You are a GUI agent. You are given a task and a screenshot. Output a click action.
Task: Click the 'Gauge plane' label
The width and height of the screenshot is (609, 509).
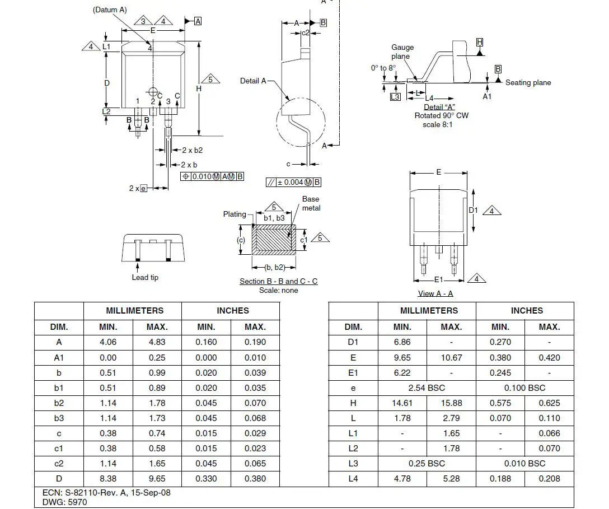tap(402, 52)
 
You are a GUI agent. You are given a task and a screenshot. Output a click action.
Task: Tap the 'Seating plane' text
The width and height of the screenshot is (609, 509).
tap(528, 82)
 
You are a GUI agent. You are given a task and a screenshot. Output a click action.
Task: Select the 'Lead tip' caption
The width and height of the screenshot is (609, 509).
tap(145, 277)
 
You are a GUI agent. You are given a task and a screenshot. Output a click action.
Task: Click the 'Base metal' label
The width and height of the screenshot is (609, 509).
tap(311, 203)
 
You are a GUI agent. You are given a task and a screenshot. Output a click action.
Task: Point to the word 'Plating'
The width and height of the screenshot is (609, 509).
tap(235, 214)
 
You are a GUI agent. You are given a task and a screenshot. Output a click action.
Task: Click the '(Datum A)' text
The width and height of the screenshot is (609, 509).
tap(110, 10)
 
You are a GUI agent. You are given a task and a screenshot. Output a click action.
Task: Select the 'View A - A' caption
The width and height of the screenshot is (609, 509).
tap(435, 293)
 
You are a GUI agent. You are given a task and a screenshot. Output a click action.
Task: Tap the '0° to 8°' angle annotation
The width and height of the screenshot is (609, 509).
tap(383, 68)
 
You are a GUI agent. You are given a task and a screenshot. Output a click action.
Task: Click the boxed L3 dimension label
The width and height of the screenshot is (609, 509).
tap(395, 96)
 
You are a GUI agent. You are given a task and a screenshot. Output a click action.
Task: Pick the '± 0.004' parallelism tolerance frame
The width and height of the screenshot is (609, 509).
tap(294, 182)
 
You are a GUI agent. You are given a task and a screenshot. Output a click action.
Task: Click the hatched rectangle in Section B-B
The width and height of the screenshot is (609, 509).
tap(273, 240)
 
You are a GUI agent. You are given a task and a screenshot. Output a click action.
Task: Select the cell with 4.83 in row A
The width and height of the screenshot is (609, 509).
tap(157, 342)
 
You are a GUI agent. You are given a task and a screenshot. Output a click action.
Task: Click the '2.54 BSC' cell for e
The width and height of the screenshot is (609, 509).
tap(427, 387)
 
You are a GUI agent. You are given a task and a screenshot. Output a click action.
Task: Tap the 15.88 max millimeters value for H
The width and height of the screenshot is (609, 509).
tap(451, 403)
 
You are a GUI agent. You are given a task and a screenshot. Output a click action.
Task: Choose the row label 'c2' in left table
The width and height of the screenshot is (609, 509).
tap(59, 463)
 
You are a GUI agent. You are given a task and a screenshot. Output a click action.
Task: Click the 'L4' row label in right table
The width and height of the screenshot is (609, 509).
tap(353, 478)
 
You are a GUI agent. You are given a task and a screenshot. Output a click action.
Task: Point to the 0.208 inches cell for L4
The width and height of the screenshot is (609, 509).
tap(549, 478)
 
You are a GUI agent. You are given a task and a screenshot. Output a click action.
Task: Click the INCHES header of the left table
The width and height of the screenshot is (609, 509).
tap(233, 310)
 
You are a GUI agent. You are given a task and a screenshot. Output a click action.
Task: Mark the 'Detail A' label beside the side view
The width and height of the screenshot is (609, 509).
tap(253, 81)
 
